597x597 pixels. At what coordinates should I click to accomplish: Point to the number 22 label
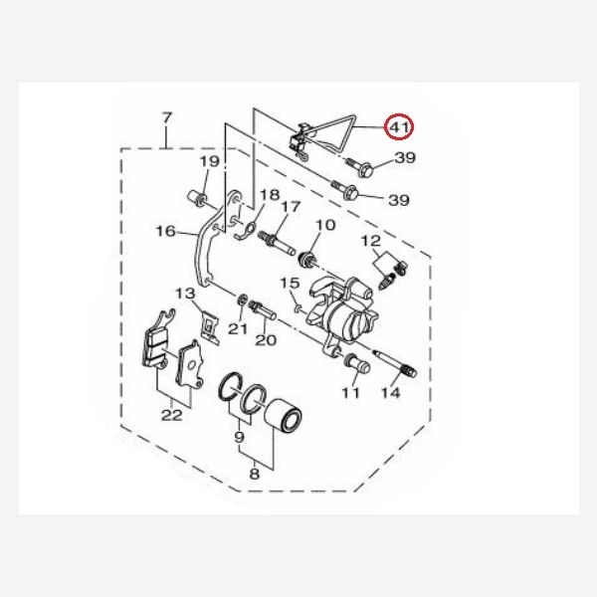(172, 415)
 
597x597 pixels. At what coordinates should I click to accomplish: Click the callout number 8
(254, 475)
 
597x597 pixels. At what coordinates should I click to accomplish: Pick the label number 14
(389, 394)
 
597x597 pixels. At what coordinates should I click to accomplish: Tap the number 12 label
(370, 241)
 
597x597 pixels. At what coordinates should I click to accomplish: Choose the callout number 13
(185, 294)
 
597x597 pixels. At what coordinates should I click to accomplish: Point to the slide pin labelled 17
(280, 242)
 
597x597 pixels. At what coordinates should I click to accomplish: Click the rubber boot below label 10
(309, 262)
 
